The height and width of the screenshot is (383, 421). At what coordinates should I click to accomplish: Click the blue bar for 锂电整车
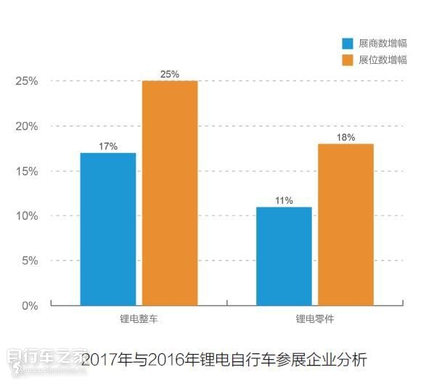(107, 228)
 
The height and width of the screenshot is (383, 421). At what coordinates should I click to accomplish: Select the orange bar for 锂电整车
(170, 193)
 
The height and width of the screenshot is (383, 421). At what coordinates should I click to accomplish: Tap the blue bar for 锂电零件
(284, 256)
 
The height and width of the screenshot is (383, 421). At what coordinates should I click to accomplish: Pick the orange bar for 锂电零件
(346, 224)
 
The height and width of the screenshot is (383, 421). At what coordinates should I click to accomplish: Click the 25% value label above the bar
(170, 74)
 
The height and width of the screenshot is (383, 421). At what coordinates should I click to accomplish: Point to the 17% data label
(108, 146)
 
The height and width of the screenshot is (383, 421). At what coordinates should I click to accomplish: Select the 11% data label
(284, 200)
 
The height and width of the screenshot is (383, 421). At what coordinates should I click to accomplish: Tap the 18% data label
(346, 137)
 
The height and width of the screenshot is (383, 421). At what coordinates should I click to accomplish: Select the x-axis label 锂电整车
(138, 319)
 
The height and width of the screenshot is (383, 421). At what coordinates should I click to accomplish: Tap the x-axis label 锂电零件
(314, 319)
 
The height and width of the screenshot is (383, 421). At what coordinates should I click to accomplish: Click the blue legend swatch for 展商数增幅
(347, 44)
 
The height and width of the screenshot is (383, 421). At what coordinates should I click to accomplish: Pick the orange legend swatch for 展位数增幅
(347, 59)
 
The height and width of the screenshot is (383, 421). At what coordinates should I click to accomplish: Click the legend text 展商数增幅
(382, 44)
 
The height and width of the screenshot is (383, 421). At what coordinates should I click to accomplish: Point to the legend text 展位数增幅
(382, 59)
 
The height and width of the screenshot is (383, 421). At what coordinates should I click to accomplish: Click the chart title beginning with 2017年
(224, 359)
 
